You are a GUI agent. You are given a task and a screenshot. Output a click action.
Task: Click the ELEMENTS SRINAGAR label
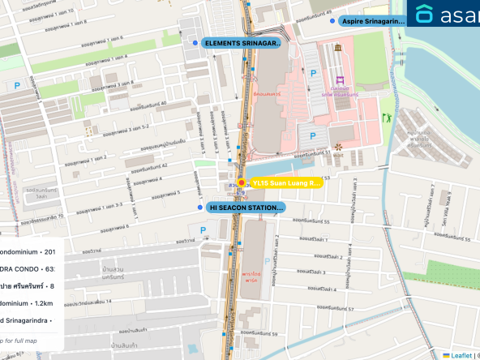pyautogui.click(x=242, y=42)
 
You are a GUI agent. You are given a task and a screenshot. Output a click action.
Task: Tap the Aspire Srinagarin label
pyautogui.click(x=373, y=21)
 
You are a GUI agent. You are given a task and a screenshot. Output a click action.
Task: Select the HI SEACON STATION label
pyautogui.click(x=246, y=208)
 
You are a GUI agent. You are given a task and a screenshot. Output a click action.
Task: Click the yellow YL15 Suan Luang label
pyautogui.click(x=285, y=183)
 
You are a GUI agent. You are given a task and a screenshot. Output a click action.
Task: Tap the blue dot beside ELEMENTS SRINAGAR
pyautogui.click(x=195, y=42)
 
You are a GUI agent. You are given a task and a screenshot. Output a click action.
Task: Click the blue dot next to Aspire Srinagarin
pyautogui.click(x=331, y=21)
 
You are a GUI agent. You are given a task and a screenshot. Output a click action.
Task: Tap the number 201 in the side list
pyautogui.click(x=49, y=251)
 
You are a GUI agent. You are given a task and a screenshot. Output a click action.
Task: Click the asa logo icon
pyautogui.click(x=424, y=15)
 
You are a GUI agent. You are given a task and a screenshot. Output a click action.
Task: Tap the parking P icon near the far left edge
pyautogui.click(x=16, y=84)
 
